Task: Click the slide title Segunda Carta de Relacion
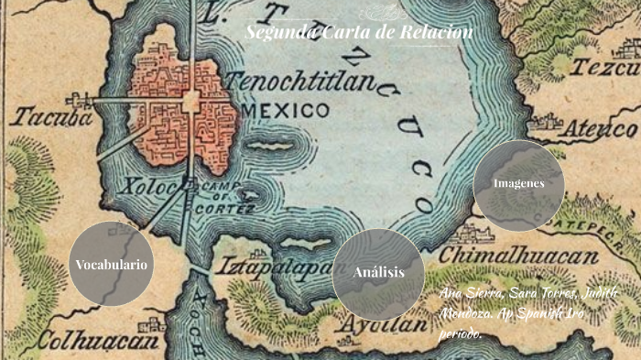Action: click(359, 34)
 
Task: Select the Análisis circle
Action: click(378, 273)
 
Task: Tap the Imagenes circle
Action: click(518, 183)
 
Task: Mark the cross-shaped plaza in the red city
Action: click(191, 101)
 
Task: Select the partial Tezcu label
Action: click(605, 67)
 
